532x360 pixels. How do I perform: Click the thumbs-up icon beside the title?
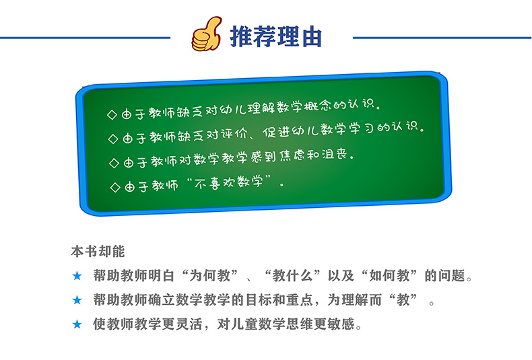(x=206, y=34)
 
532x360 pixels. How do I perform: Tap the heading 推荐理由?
(x=276, y=36)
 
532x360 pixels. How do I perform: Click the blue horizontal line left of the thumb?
(x=85, y=38)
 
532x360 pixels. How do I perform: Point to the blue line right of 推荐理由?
(x=442, y=38)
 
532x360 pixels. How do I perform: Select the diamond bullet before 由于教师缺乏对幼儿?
(x=112, y=114)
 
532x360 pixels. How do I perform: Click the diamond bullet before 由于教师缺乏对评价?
(x=113, y=139)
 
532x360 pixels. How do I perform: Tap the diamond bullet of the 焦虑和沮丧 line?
(x=114, y=163)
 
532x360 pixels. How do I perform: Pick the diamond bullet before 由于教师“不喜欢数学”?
(x=115, y=187)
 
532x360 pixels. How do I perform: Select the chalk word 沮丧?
(x=334, y=155)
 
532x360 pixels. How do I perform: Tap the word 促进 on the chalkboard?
(x=276, y=132)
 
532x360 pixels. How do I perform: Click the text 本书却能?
(x=98, y=252)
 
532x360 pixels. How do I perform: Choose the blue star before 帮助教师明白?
(x=77, y=276)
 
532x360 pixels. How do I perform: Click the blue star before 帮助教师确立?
(x=77, y=300)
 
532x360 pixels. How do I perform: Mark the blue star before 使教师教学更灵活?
(x=77, y=324)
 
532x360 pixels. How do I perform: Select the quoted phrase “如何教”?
(x=389, y=276)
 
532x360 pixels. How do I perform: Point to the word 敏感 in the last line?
(x=341, y=324)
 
